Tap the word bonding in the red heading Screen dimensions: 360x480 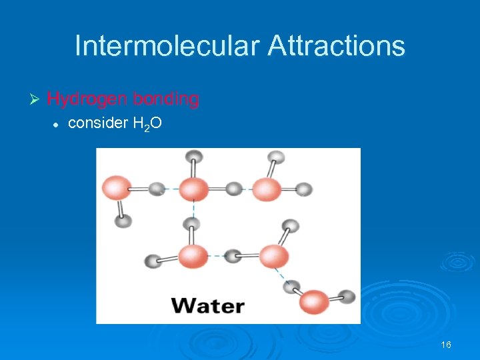tap(166, 99)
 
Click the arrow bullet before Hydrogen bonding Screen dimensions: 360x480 tap(36, 99)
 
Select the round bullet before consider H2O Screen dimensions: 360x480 tap(57, 123)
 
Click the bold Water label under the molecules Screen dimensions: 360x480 tap(208, 306)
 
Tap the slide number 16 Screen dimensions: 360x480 tap(446, 345)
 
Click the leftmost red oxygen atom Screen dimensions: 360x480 tap(116, 188)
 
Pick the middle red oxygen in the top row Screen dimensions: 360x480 tap(193, 189)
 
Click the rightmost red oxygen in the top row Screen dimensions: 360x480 tap(267, 189)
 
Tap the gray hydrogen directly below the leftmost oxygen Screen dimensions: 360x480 tap(123, 221)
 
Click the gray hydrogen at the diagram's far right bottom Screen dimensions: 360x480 tap(347, 296)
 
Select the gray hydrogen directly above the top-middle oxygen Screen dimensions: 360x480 tap(193, 157)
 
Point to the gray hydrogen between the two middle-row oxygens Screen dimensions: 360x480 tap(233, 255)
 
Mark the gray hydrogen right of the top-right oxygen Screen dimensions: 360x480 tap(303, 189)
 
